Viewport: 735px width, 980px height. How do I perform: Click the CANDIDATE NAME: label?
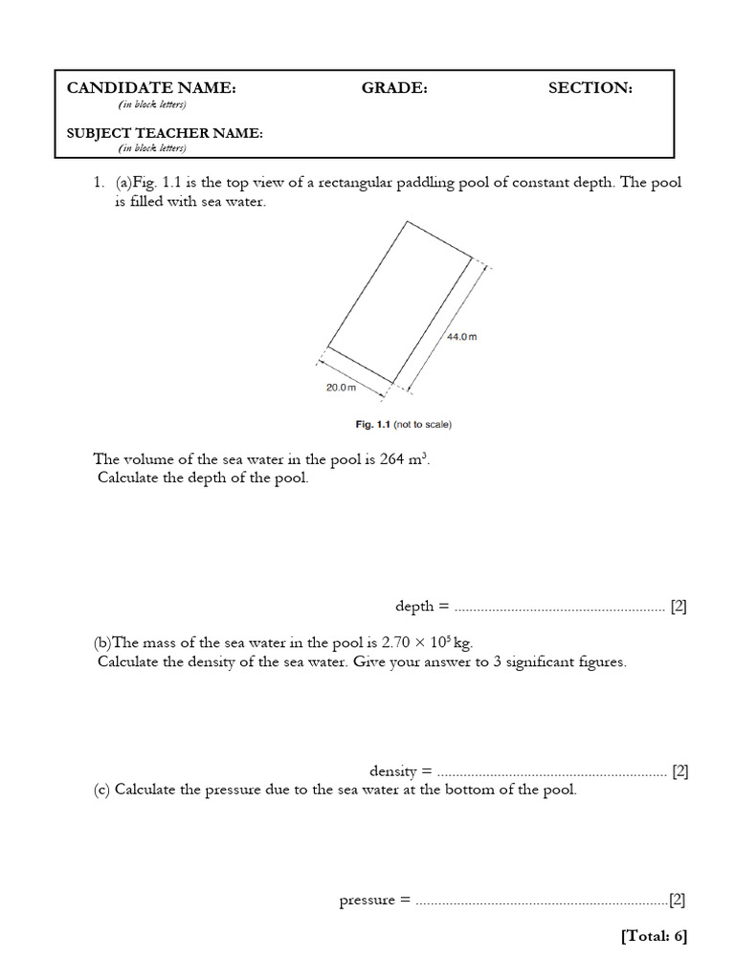coord(150,88)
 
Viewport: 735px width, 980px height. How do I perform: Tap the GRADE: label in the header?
coord(393,88)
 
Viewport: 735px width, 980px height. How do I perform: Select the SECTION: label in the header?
coord(590,88)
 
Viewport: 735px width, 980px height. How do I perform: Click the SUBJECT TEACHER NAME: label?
coord(164,133)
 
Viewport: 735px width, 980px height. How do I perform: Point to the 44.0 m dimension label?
coord(461,337)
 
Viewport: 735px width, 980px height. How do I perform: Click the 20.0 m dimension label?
coord(341,387)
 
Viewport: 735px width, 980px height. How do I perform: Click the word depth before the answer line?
coord(414,606)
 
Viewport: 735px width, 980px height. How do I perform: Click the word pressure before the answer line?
coord(367,901)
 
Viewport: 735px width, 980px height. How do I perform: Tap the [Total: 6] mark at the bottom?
coord(654,936)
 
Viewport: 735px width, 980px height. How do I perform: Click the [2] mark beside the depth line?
coord(679,606)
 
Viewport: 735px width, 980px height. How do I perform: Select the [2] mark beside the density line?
coord(679,770)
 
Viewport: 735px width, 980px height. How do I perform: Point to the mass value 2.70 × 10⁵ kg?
coord(427,642)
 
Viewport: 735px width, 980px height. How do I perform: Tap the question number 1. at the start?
coord(97,183)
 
